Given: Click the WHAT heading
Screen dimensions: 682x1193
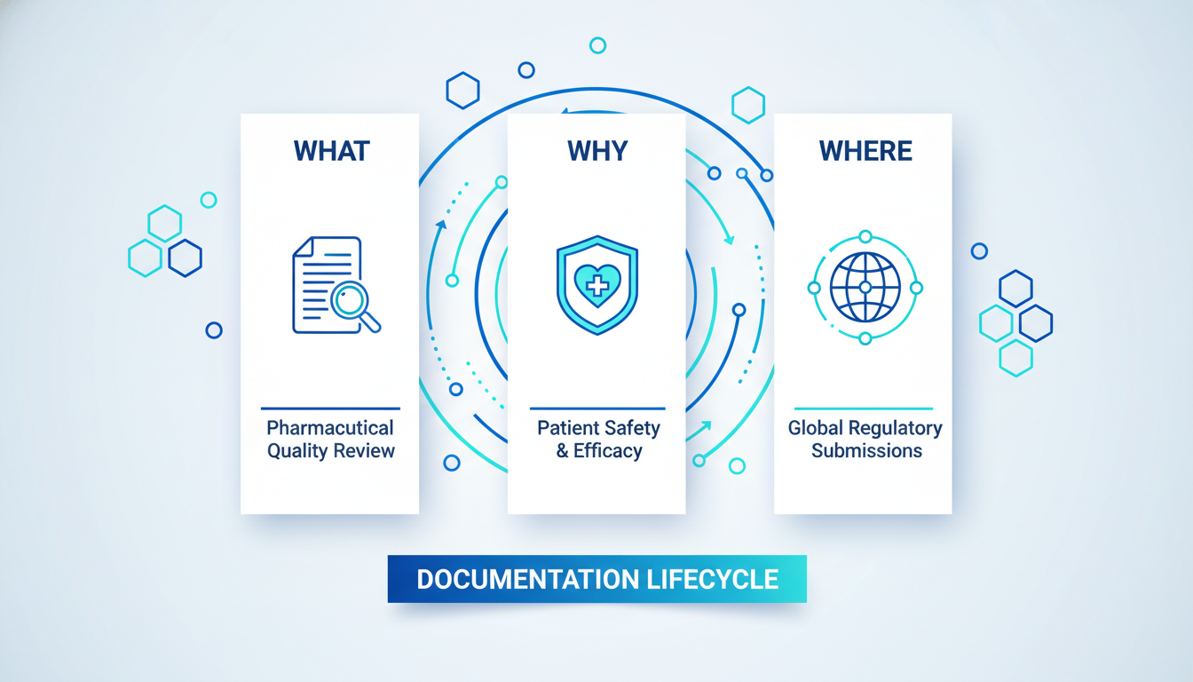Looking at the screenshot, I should click(330, 151).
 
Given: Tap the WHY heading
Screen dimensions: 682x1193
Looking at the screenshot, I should click(596, 151).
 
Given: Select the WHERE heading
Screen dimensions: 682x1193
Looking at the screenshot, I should click(865, 151).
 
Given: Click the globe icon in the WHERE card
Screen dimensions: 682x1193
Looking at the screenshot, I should click(865, 287).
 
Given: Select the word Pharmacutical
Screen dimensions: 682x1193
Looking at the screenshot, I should click(330, 428).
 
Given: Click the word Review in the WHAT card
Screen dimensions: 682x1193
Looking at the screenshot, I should click(364, 451).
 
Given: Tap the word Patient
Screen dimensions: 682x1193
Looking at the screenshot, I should click(567, 428).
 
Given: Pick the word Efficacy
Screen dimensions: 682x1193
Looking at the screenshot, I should click(608, 451).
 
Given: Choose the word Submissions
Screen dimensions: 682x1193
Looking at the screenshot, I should click(866, 451).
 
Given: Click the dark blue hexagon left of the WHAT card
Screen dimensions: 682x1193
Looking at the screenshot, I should click(186, 258).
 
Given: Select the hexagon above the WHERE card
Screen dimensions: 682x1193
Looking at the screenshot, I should click(748, 105).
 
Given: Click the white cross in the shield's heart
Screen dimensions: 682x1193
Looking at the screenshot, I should click(597, 285).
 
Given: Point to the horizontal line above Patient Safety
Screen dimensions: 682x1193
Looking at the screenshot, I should click(596, 408).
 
